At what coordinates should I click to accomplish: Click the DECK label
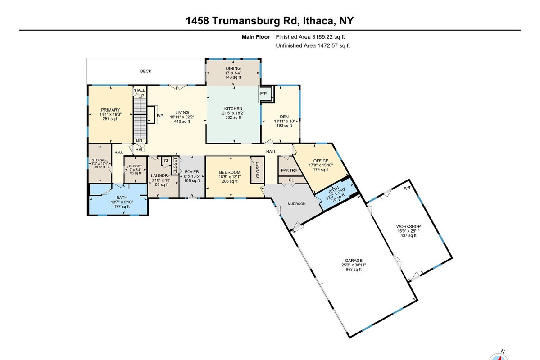[145, 71]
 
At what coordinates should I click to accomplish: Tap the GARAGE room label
[354, 261]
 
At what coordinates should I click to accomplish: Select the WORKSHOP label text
[408, 226]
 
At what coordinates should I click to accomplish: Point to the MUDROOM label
[296, 204]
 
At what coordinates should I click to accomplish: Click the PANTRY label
[289, 171]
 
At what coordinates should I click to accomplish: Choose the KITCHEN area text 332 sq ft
[233, 117]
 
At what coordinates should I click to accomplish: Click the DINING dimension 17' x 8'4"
[233, 73]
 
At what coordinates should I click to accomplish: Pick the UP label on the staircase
[141, 96]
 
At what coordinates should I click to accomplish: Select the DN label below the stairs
[139, 140]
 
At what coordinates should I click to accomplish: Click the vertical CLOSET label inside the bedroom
[258, 170]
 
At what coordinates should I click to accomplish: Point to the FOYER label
[192, 172]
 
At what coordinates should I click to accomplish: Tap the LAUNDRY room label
[161, 175]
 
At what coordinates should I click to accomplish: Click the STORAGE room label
[100, 160]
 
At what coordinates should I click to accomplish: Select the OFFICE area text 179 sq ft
[321, 170]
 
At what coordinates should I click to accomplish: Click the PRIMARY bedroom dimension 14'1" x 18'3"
[110, 114]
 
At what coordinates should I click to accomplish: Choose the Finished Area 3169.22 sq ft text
[310, 37]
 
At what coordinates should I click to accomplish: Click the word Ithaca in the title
[318, 21]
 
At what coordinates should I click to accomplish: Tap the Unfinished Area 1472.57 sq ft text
[313, 45]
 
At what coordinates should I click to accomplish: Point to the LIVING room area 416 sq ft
[182, 121]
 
